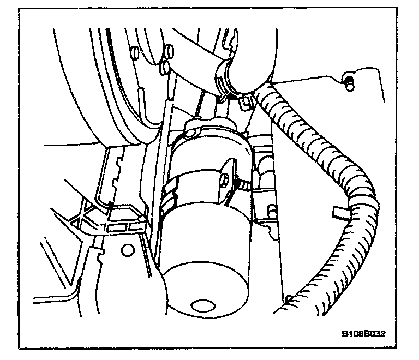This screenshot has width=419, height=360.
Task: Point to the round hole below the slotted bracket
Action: (127, 250)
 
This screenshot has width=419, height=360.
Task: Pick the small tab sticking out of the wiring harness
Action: (338, 212)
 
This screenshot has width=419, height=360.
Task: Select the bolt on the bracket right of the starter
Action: (269, 209)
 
